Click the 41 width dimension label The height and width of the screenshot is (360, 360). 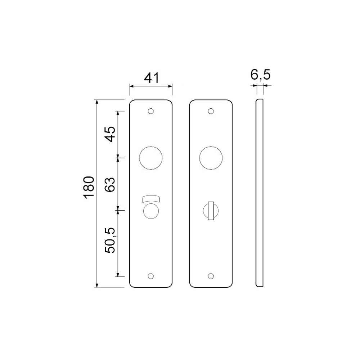tap(152, 78)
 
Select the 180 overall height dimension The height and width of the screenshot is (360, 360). tap(89, 187)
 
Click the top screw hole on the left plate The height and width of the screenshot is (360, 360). tap(150, 111)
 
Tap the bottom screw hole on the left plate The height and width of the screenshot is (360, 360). tap(150, 276)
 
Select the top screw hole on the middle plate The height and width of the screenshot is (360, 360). tap(211, 111)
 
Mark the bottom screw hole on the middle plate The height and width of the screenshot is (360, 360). tap(211, 276)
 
